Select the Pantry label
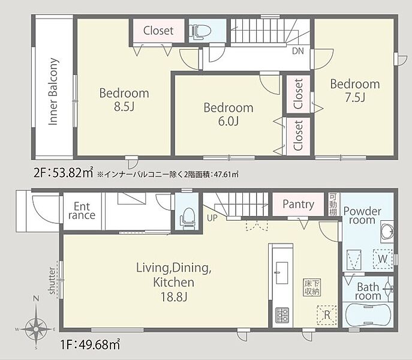coord(298,205)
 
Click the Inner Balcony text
coord(53,92)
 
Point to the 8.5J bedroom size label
coord(124,107)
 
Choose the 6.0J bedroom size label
coord(228,121)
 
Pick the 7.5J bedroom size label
coord(355,98)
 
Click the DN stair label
coord(298,51)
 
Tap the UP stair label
coord(212,218)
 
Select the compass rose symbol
coord(36,329)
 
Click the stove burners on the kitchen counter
coord(282,315)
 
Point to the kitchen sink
coord(281,273)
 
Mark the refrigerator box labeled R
coord(327,315)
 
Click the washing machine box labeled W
coord(383,259)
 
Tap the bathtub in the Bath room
coord(368,315)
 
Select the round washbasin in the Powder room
coord(387,232)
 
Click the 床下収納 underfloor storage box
coord(312,287)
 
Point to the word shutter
coord(52,281)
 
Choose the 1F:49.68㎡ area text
coord(91,344)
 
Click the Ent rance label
coord(82,211)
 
